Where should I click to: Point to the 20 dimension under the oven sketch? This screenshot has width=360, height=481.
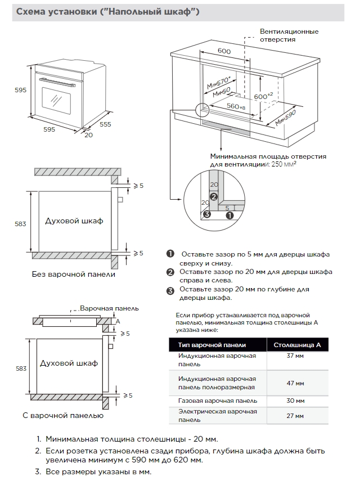[x=88, y=134]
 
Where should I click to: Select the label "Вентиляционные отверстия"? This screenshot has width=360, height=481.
[x=289, y=35]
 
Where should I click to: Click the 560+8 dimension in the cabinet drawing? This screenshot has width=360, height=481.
[x=236, y=106]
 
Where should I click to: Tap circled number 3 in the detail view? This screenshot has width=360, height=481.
[x=207, y=214]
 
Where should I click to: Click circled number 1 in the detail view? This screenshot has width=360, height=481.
[x=229, y=214]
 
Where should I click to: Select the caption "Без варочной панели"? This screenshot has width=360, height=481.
[x=73, y=274]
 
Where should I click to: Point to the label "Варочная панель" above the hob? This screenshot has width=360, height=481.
[x=109, y=308]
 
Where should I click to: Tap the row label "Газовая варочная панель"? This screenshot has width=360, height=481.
[x=218, y=401]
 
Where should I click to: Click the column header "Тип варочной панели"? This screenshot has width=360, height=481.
[x=212, y=345]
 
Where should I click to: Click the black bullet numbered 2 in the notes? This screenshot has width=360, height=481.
[x=170, y=272]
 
